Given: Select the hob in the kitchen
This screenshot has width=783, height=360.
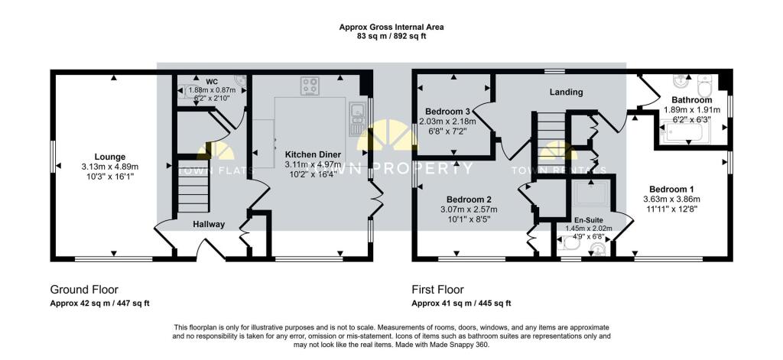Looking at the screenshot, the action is [x=310, y=86].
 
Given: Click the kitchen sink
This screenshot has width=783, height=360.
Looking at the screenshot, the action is [x=358, y=118].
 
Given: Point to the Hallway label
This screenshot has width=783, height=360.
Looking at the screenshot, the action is [x=209, y=225].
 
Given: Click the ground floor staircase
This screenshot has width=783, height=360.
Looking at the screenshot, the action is [x=193, y=186].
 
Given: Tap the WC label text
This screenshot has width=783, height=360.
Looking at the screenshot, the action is [x=213, y=81].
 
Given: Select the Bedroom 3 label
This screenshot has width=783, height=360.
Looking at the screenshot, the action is [x=447, y=111].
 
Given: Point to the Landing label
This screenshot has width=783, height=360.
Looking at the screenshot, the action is [x=567, y=92].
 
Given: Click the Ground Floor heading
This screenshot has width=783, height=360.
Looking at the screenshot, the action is [x=84, y=290].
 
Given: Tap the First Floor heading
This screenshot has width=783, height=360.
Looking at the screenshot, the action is [x=437, y=290].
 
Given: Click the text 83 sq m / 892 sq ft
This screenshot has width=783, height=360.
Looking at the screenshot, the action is [x=391, y=36].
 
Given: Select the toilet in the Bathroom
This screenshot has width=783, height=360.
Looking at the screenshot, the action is [x=704, y=86].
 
